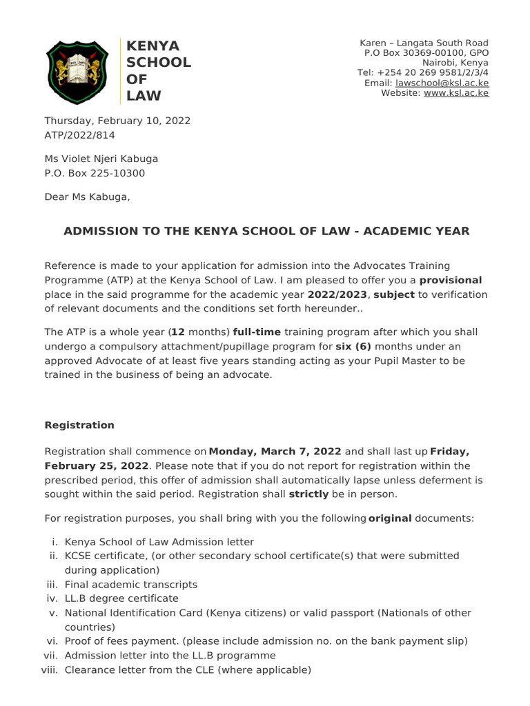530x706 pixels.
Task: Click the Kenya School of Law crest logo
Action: (x=77, y=70)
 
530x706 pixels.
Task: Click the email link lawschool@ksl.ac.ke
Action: (x=442, y=83)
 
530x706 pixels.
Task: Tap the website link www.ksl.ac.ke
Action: (x=456, y=93)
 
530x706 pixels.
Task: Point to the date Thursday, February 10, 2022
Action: (x=117, y=120)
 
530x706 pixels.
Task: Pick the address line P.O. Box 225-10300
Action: (x=95, y=174)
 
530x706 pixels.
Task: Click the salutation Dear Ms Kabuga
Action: (x=87, y=197)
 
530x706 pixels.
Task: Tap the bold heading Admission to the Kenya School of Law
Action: (x=266, y=231)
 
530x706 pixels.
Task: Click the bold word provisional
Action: (x=451, y=280)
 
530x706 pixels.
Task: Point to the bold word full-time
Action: (x=257, y=332)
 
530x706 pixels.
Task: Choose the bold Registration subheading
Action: (x=79, y=425)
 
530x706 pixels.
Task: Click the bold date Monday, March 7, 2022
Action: (x=275, y=452)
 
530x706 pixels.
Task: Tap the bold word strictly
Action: (x=309, y=494)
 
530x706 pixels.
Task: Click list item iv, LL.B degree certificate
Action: (x=121, y=598)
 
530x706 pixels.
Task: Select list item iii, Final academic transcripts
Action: (x=131, y=584)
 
